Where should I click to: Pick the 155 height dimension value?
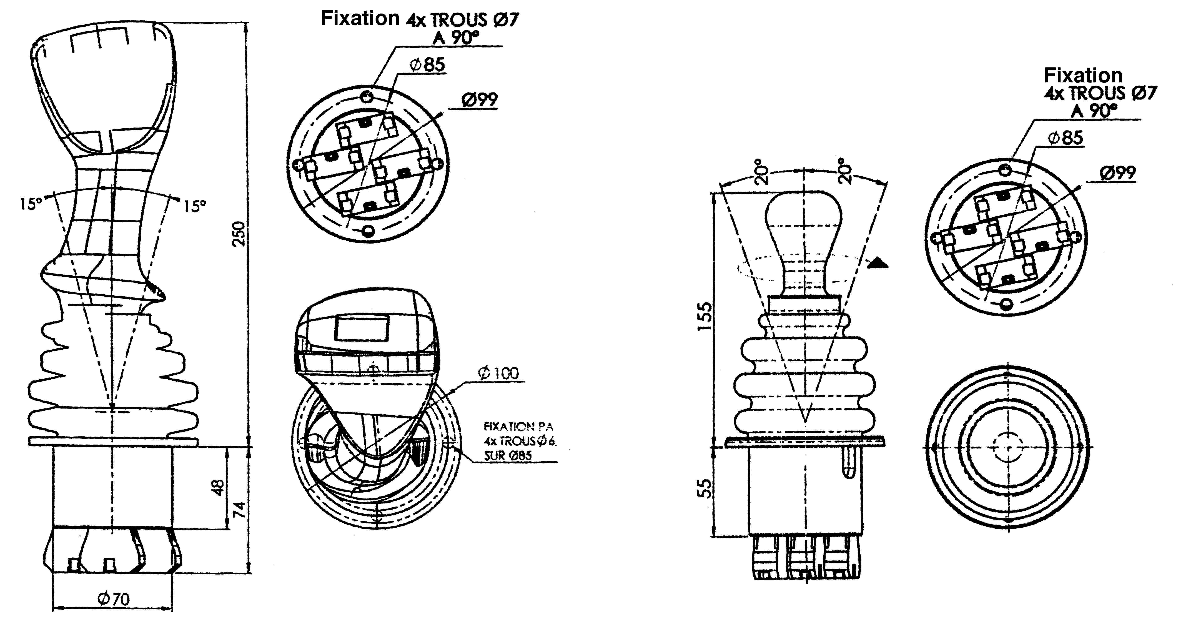tap(705, 316)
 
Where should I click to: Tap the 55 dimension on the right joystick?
tap(705, 488)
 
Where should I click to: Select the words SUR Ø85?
tap(508, 456)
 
